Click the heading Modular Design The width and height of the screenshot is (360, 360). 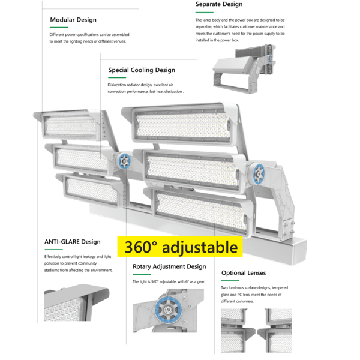coord(73,20)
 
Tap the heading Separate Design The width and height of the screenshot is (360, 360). coord(219,4)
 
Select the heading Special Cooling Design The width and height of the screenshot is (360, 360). coord(142,70)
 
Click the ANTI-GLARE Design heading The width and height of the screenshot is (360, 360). coord(72,242)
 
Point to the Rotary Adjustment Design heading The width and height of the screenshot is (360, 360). coord(169,266)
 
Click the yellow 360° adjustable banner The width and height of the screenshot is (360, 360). coord(181,247)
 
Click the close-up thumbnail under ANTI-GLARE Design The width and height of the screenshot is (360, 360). coord(77,305)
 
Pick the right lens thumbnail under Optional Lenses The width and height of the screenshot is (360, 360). coord(275,330)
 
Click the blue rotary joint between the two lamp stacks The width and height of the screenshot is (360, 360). coord(124,160)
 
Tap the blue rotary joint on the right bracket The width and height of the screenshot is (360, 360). coord(259,174)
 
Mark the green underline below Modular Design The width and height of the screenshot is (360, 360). coord(58,27)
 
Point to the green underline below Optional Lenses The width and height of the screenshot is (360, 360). coord(230,281)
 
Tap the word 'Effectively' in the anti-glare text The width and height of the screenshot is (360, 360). coord(55,256)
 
